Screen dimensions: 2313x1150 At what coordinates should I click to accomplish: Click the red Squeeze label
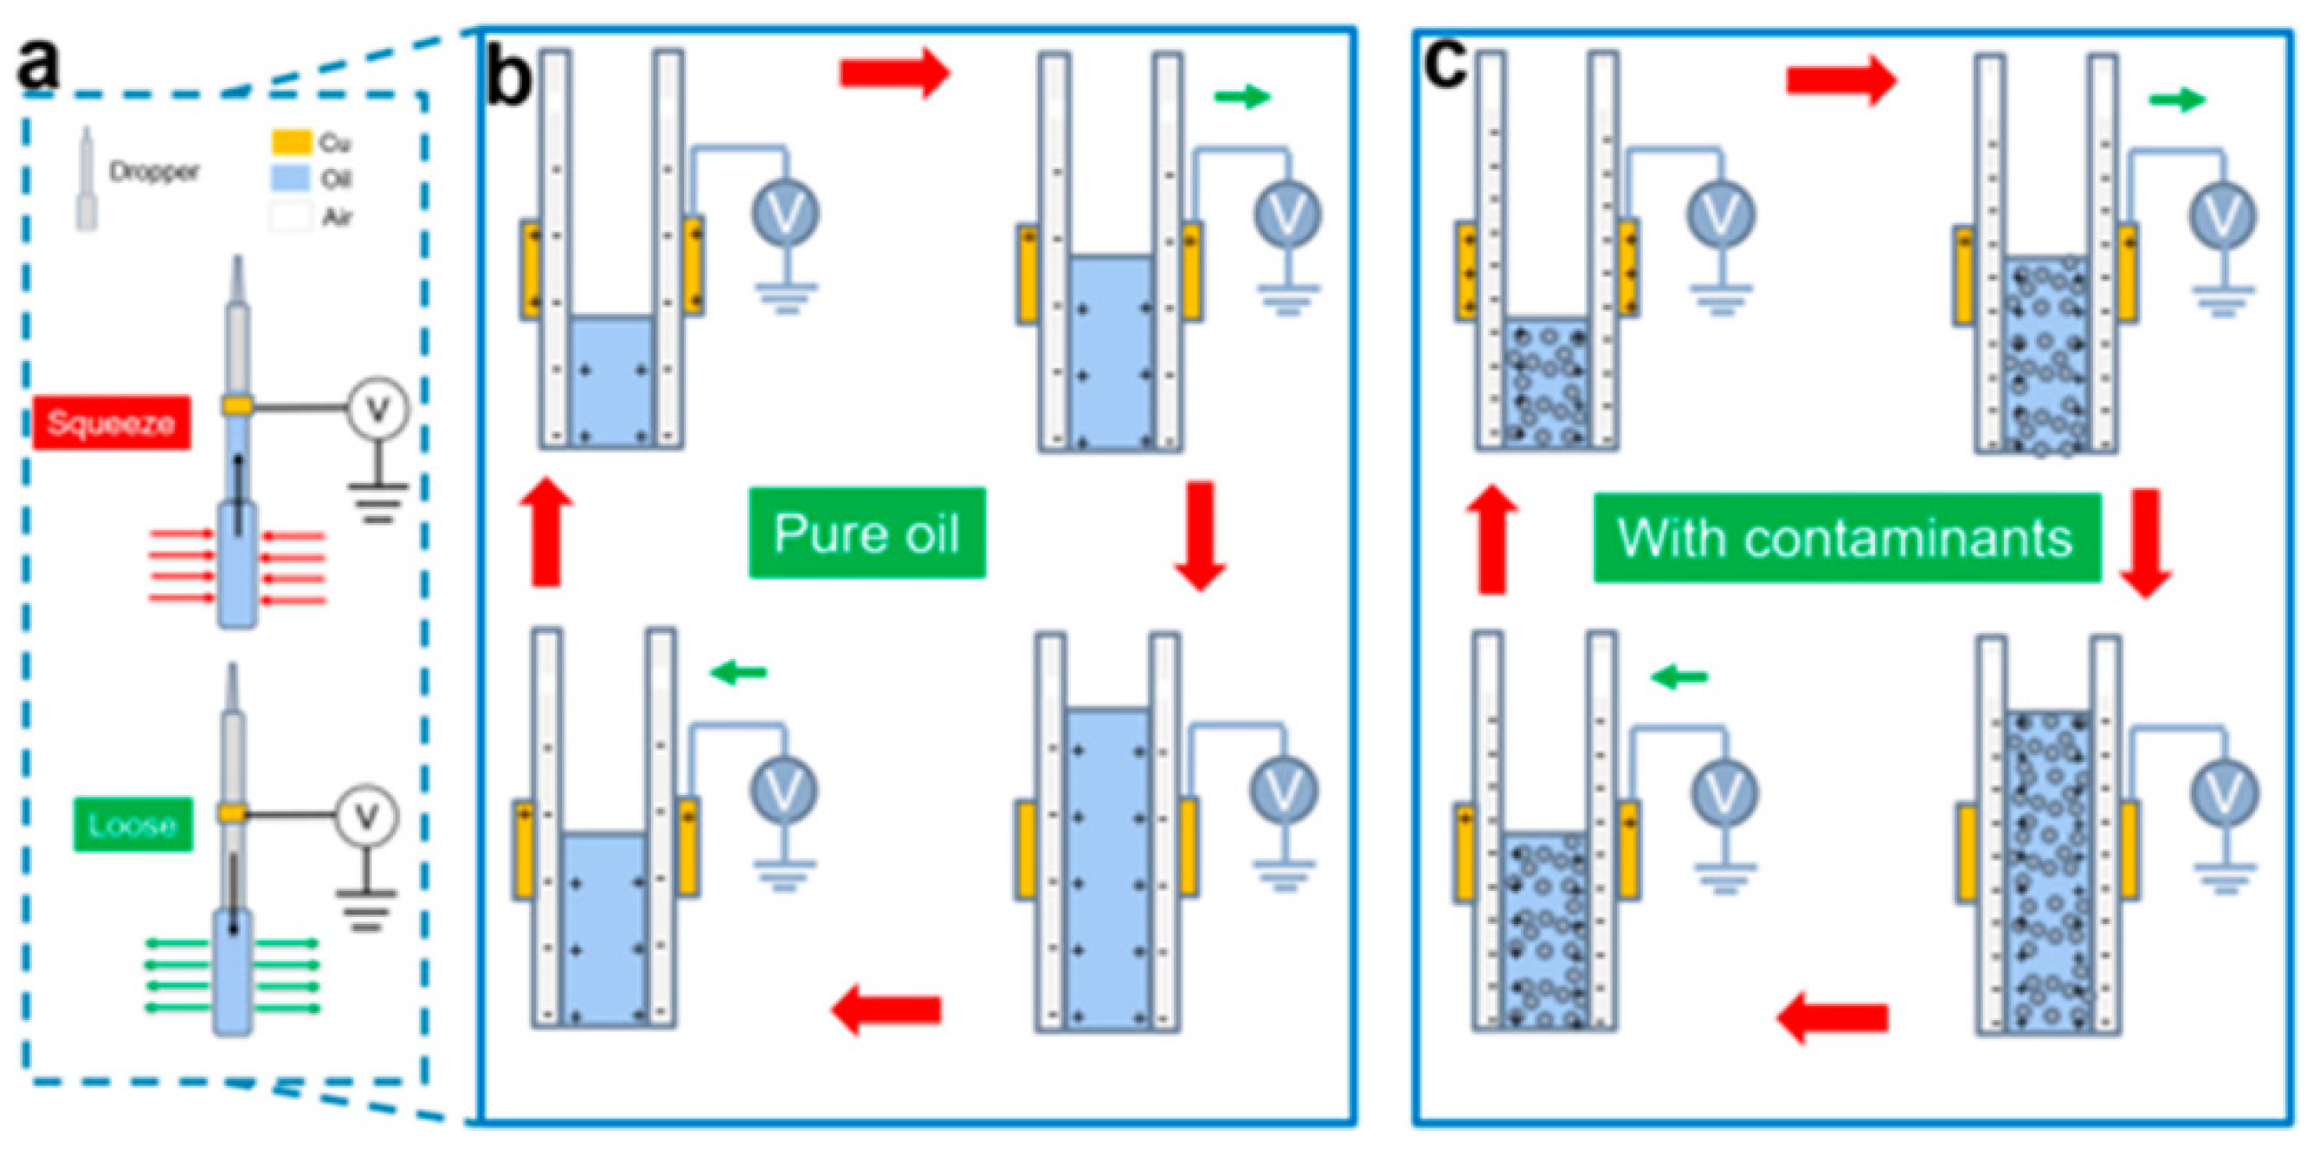pos(112,423)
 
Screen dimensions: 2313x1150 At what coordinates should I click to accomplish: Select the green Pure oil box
pos(867,533)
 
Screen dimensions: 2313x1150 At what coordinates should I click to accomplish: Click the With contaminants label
pos(1847,537)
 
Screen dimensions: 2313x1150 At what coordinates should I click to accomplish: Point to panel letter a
pos(38,66)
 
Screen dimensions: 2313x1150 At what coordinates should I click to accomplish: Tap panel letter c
pos(1446,65)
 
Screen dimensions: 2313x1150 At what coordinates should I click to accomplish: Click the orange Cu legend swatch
pos(291,142)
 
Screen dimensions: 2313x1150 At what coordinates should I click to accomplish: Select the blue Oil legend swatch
pos(291,178)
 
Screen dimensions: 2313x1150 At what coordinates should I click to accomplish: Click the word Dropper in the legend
pos(153,171)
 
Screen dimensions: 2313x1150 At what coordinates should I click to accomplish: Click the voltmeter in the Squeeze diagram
pos(378,409)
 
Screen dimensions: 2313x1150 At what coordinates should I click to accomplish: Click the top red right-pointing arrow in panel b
pos(894,72)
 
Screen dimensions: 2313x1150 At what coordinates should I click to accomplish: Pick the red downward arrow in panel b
pos(1201,535)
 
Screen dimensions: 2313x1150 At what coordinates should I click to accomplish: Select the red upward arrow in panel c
pos(1492,539)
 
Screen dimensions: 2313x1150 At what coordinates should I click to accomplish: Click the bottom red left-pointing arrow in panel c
pos(1832,1018)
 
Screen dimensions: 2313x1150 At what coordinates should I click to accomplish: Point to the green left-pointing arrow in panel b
pos(738,671)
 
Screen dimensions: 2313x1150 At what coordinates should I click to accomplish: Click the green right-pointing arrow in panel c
pos(2177,100)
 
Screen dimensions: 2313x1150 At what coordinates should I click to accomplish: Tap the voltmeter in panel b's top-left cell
pos(786,215)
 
